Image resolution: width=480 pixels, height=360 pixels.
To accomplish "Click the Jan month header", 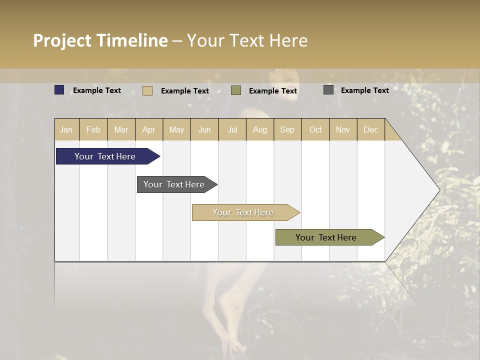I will click(x=66, y=129).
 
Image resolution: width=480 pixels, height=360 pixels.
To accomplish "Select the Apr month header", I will click(x=148, y=129).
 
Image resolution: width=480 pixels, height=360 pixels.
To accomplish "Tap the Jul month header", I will click(x=232, y=129).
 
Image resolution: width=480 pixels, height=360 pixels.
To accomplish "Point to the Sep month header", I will click(x=287, y=129).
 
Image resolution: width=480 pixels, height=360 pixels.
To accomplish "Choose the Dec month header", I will click(x=370, y=129).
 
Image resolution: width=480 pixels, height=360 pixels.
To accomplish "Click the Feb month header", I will click(x=93, y=129).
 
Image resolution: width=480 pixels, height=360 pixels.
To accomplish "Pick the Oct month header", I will click(x=315, y=129).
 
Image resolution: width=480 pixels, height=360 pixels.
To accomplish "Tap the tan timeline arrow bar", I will click(x=243, y=212).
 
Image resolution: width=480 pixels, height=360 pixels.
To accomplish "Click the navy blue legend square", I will click(x=59, y=90).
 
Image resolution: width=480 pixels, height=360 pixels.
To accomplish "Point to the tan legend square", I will click(x=147, y=90).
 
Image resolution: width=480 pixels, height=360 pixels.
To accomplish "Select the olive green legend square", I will click(x=236, y=90).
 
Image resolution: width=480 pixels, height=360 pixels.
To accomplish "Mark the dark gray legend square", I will click(x=328, y=90).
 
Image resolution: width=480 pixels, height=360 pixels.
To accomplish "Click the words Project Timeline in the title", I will click(x=100, y=40).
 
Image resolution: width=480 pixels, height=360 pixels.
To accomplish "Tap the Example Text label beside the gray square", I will click(x=364, y=90).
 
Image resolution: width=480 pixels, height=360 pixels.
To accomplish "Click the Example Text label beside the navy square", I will click(x=97, y=90).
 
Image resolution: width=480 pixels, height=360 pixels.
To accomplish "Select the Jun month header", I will click(x=204, y=129).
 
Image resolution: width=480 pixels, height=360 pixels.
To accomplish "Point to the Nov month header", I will click(x=343, y=129).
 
